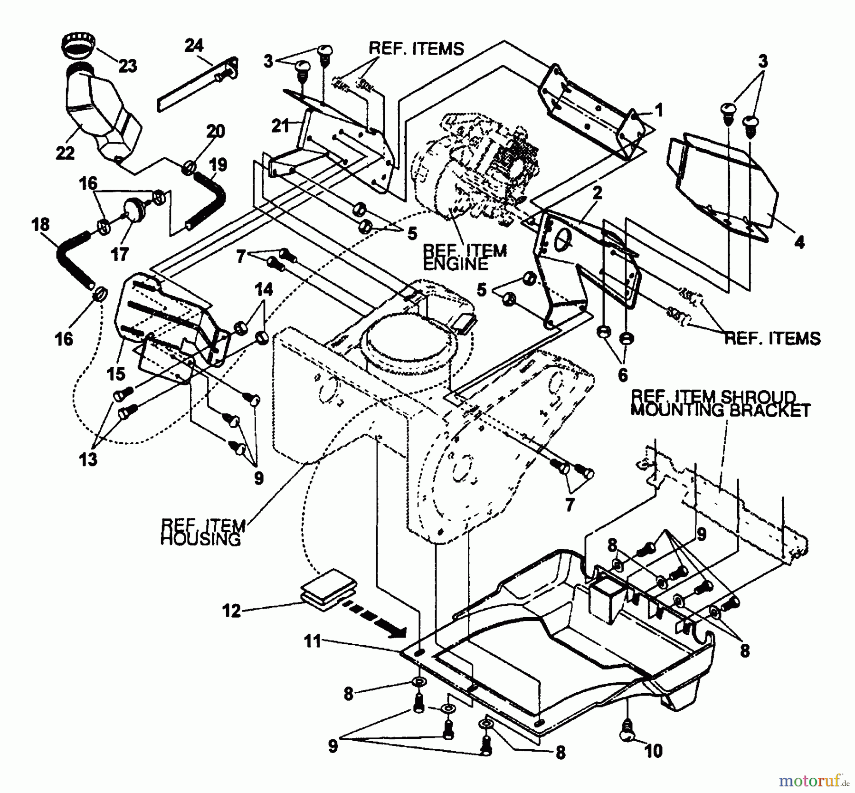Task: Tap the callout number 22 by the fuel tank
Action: coord(65,153)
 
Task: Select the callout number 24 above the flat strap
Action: coord(193,46)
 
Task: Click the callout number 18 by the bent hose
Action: coord(41,225)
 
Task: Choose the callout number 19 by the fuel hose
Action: coord(218,164)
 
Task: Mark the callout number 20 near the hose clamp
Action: coord(215,131)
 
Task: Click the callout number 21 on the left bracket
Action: coord(280,126)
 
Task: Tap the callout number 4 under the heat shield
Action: coord(799,242)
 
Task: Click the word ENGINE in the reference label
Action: coord(455,264)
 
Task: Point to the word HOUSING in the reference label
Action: coord(200,540)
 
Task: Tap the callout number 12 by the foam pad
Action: coord(231,611)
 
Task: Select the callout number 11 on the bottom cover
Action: coord(313,641)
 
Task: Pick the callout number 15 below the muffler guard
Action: coord(115,373)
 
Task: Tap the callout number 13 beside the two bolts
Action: coord(88,459)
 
